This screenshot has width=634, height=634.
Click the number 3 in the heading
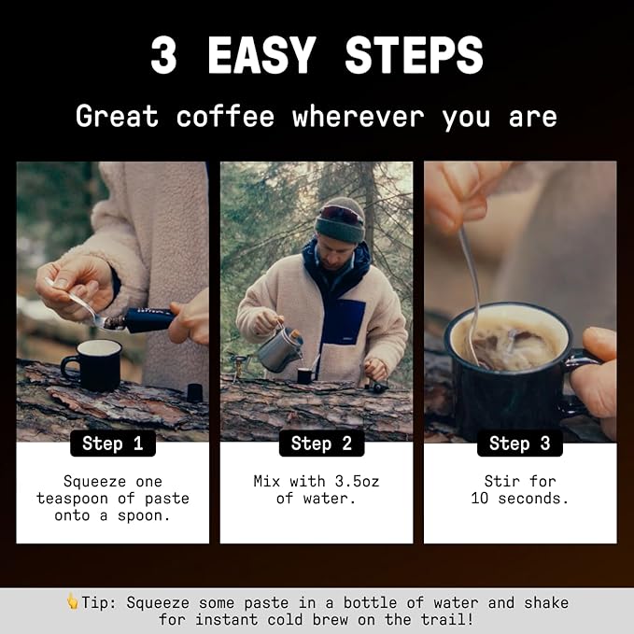[163, 57]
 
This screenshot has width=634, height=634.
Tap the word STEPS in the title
[414, 57]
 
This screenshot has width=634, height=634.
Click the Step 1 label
[112, 443]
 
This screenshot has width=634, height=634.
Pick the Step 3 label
[520, 443]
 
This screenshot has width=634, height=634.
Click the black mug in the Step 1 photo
[92, 363]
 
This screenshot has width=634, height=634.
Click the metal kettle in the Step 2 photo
[280, 349]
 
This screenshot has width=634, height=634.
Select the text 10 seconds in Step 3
[520, 499]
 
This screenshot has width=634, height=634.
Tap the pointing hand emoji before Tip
[72, 602]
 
